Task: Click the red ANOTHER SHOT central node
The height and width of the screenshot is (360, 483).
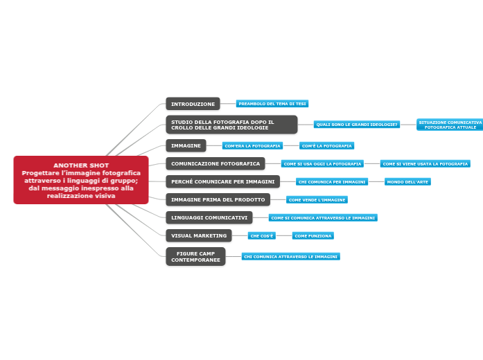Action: [81, 180]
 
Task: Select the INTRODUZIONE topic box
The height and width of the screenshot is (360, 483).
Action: [193, 104]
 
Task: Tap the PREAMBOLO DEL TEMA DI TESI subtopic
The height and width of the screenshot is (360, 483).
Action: [272, 104]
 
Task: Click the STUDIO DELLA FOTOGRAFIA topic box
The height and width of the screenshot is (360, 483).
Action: [231, 125]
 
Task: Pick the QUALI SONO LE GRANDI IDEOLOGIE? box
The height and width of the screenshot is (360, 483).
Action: [357, 125]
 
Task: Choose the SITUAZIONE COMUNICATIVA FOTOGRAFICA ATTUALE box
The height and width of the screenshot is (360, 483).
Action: [450, 125]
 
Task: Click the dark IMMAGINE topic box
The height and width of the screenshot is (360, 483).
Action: [186, 145]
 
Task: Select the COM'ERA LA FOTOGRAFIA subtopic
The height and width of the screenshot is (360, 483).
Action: [253, 146]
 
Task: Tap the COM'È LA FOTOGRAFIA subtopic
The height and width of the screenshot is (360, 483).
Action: [326, 146]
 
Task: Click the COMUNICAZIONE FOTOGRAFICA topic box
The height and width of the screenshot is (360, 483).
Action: [215, 164]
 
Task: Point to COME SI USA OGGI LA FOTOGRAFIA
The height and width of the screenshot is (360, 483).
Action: [322, 164]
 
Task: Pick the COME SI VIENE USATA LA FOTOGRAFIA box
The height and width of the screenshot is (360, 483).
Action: [425, 164]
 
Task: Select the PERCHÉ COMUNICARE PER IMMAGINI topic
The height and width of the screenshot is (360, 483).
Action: [222, 182]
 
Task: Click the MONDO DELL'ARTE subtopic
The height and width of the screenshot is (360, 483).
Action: [407, 182]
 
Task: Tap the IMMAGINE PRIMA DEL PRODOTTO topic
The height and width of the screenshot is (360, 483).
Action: [218, 200]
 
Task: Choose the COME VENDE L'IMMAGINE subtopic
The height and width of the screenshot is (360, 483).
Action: [317, 200]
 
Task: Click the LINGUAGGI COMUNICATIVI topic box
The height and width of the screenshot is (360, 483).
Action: [209, 218]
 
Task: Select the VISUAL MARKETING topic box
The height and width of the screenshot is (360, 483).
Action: [199, 236]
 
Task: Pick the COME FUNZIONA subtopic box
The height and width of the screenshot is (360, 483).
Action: [313, 236]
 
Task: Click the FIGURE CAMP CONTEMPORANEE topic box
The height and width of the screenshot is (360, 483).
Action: [195, 257]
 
